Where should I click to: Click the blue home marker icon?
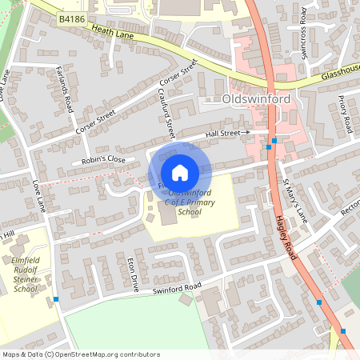tap(180, 173)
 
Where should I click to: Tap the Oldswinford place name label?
tap(255, 101)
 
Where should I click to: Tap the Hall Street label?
tap(225, 133)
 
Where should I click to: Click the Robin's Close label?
tap(104, 160)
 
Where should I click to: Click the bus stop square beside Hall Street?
tap(274, 141)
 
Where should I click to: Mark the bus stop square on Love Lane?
tap(56, 300)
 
